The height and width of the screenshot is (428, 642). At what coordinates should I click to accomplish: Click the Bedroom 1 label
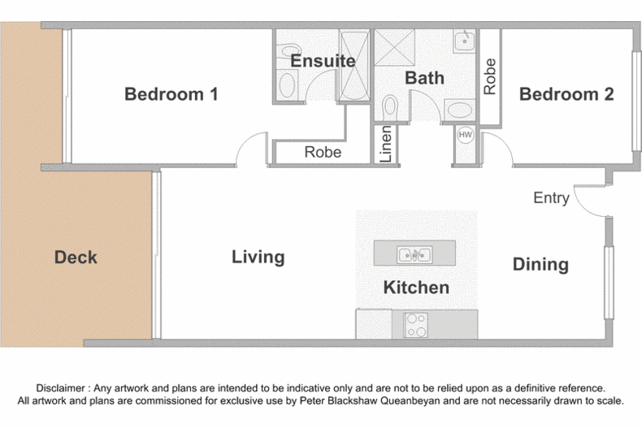pos(171,94)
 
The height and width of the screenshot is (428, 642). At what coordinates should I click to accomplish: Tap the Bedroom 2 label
pos(566,94)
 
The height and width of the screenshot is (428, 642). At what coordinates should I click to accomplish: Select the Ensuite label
pos(323,61)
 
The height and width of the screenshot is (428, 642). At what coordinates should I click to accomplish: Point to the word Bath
pos(424,78)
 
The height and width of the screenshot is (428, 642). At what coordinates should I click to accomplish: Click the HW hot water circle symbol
pos(465,135)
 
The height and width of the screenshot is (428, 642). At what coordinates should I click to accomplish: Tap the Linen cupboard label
pos(386,144)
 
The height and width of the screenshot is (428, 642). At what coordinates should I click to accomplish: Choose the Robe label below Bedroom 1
pos(323,152)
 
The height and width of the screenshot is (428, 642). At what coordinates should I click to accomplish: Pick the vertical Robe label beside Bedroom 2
pos(490,76)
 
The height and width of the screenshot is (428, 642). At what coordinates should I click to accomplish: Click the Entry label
pos(552,198)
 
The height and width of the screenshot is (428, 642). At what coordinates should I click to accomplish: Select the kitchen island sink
pos(414,255)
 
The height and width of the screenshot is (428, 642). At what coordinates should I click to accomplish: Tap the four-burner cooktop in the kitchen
pos(415,325)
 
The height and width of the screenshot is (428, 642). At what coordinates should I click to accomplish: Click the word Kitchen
pos(416,287)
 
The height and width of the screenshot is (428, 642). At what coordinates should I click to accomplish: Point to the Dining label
pos(541,264)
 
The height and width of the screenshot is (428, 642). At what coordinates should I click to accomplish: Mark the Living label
pos(258,257)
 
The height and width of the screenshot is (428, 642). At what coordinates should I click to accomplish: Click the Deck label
pos(76,257)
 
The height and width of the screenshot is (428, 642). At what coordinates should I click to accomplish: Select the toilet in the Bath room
pos(390,107)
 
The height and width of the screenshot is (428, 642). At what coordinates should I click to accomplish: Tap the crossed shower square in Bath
pos(394,47)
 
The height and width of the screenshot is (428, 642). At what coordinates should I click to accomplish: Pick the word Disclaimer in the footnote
pos(61,388)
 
